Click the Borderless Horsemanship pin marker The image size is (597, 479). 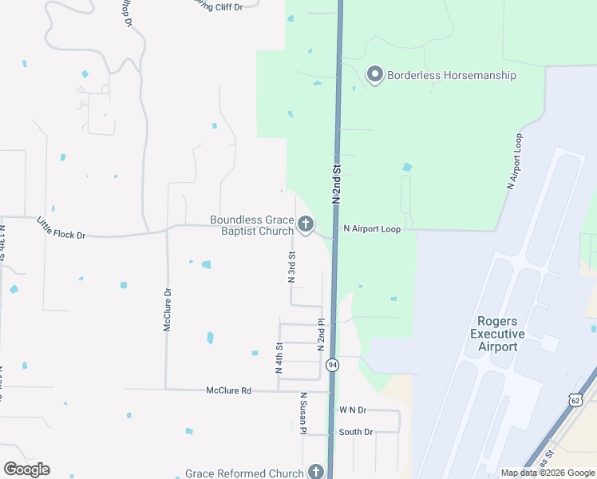tap(374, 75)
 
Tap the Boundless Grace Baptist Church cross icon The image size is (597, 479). tap(305, 225)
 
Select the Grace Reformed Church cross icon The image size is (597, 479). tap(316, 473)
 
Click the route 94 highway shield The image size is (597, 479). tap(332, 365)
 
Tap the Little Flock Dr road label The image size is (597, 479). tap(61, 228)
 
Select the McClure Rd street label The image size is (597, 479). tap(228, 390)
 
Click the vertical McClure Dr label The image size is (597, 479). tap(168, 310)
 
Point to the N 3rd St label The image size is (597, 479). tap(292, 267)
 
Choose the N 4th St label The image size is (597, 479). tap(279, 358)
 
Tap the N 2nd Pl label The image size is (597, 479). tap(321, 335)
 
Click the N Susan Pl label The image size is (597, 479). tap(304, 413)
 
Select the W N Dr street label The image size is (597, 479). tap(352, 410)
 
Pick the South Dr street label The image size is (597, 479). tap(356, 432)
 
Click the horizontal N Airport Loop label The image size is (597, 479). tap(371, 228)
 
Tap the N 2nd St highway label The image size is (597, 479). tap(337, 184)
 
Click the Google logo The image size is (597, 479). tap(26, 469)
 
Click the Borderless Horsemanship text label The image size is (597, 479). tap(452, 76)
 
